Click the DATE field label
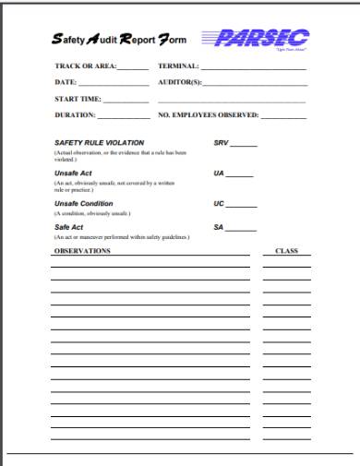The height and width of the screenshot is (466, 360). [66, 84]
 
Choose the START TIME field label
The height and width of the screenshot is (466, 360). [78, 100]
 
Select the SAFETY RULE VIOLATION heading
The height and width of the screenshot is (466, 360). [95, 144]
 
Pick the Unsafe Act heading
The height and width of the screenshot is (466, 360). [75, 173]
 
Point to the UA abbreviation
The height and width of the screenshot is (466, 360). [219, 173]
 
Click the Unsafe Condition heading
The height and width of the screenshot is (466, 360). [84, 203]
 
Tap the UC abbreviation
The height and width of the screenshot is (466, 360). [219, 203]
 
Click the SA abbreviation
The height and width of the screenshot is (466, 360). [219, 227]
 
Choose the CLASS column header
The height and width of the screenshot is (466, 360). [285, 250]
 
